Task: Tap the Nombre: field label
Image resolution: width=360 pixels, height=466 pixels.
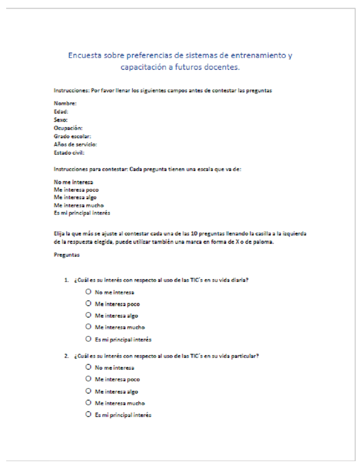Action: click(x=65, y=103)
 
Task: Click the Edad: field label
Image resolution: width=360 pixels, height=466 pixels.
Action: click(x=61, y=112)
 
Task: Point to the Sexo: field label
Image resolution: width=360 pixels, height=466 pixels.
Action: click(x=61, y=120)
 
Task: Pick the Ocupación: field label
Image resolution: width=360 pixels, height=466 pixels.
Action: click(x=68, y=128)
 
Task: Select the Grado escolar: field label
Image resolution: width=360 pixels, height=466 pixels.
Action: click(x=72, y=136)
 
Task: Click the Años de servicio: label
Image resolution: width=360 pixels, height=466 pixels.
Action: click(x=75, y=144)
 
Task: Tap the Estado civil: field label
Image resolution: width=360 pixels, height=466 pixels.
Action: click(x=69, y=153)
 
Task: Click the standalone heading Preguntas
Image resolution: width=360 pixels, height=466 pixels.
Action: click(x=67, y=254)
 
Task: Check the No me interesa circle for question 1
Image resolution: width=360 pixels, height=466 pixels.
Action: click(x=89, y=292)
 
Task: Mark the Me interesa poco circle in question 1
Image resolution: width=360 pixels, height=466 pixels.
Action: click(x=89, y=304)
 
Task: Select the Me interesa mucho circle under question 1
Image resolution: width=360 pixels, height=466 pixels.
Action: click(x=89, y=327)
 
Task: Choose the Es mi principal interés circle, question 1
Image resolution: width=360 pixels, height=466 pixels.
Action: click(x=89, y=339)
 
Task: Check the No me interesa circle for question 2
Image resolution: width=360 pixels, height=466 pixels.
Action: click(x=89, y=367)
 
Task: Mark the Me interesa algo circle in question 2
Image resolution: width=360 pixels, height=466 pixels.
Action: click(x=89, y=391)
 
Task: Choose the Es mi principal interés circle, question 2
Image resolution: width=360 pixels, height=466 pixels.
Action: click(x=89, y=415)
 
